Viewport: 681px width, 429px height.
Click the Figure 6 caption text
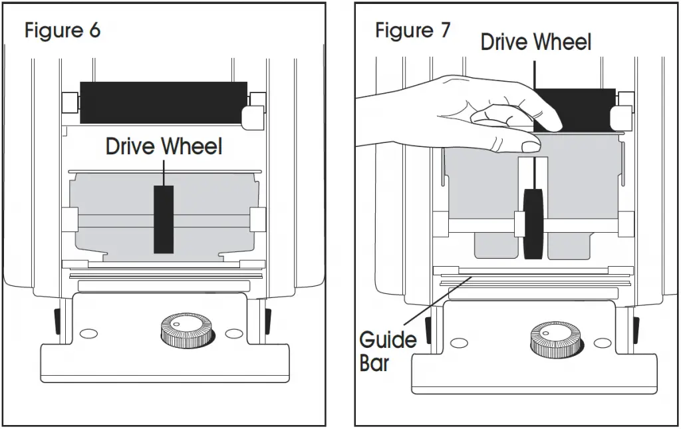pyautogui.click(x=63, y=31)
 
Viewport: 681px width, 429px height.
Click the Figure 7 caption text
pyautogui.click(x=412, y=30)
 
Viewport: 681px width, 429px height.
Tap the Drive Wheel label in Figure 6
pyautogui.click(x=164, y=146)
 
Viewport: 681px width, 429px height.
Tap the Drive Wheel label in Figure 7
pyautogui.click(x=535, y=42)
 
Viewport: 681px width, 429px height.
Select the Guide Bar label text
pyautogui.click(x=388, y=351)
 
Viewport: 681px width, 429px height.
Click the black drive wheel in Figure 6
pyautogui.click(x=164, y=219)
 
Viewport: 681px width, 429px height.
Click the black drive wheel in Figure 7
pyautogui.click(x=533, y=223)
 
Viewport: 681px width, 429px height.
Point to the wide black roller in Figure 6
pyautogui.click(x=164, y=103)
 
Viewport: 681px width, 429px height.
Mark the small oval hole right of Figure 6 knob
pyautogui.click(x=234, y=333)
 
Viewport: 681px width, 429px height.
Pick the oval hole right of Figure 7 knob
pyautogui.click(x=602, y=343)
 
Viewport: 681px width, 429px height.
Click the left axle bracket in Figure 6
pyautogui.click(x=69, y=219)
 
